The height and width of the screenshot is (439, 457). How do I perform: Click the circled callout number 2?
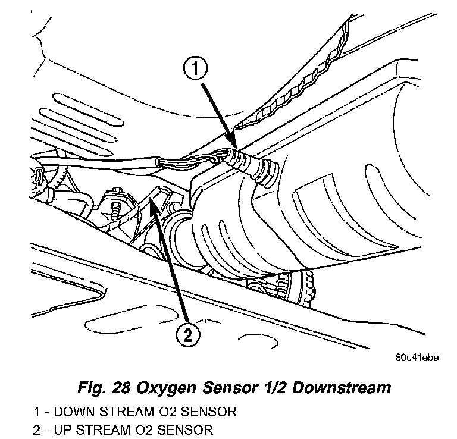pos(187,335)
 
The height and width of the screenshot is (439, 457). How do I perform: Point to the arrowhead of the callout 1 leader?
pos(236,148)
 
